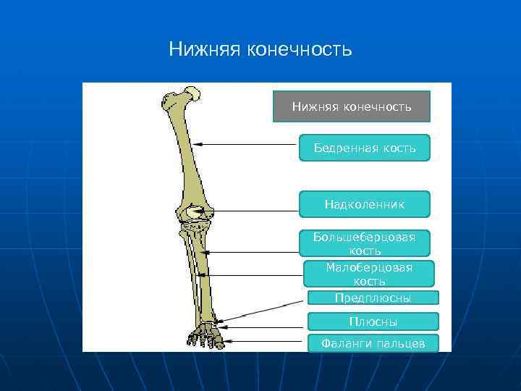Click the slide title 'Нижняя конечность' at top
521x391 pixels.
(x=260, y=49)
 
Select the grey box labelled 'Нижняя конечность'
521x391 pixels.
(x=352, y=106)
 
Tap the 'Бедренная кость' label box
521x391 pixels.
(x=365, y=148)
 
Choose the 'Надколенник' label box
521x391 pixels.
(x=365, y=204)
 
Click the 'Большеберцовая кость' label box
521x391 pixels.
(x=365, y=243)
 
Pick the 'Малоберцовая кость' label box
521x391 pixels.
(x=369, y=274)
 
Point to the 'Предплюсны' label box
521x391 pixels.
(x=373, y=298)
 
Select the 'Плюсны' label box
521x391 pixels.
(x=373, y=321)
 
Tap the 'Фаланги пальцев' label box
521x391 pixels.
(x=373, y=343)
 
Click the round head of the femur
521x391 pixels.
(x=192, y=93)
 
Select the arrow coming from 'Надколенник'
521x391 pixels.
(x=253, y=211)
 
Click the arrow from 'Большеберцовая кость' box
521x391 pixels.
(x=253, y=252)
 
